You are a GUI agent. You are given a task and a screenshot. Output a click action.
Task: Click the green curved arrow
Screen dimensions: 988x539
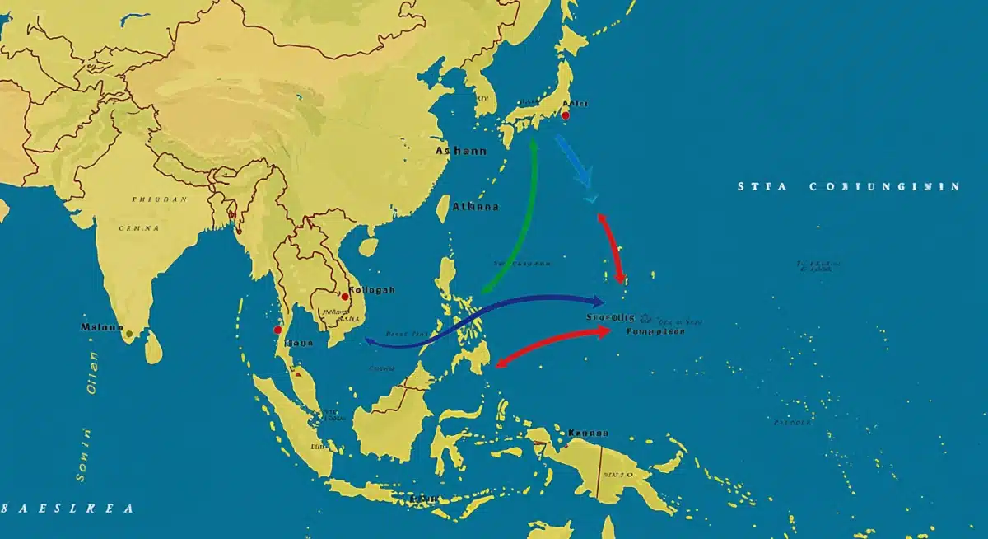tap(524, 223)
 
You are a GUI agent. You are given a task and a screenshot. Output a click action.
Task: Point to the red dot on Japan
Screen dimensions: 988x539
tap(565, 115)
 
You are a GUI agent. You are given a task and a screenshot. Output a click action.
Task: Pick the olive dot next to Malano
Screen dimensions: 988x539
tap(128, 334)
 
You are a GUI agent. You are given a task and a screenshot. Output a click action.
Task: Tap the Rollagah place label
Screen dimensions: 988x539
tap(371, 290)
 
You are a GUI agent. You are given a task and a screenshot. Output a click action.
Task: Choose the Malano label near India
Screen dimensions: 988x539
tap(101, 327)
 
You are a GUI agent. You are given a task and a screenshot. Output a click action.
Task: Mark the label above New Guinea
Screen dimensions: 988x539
tap(588, 432)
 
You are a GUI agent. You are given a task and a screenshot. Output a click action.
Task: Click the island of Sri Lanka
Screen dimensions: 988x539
tap(153, 346)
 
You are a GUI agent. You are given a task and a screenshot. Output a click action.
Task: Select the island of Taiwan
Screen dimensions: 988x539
tap(443, 209)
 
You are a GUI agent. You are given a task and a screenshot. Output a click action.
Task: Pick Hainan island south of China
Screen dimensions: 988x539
tap(370, 246)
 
